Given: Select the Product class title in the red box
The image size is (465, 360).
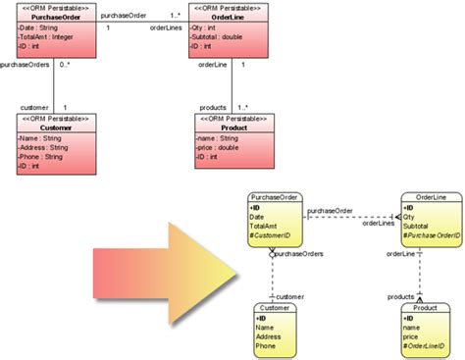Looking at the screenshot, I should click(233, 128).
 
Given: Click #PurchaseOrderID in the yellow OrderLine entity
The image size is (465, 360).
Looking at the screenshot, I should click(432, 237).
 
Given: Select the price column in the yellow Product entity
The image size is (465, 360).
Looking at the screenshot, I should click(413, 337).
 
